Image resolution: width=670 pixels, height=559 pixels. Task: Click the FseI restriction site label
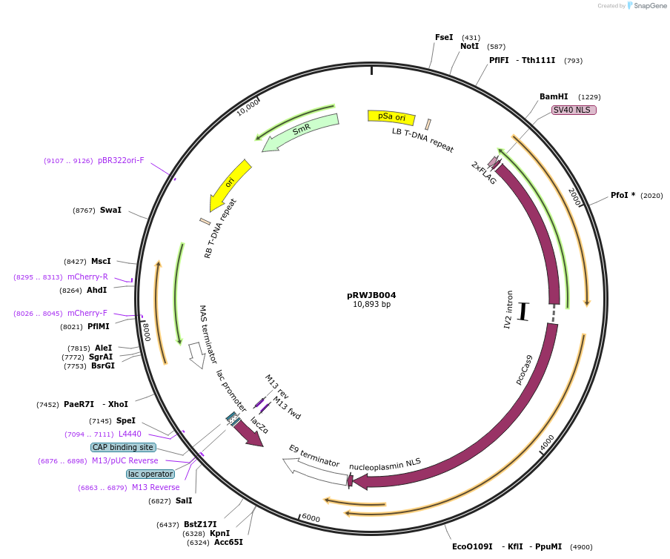[x=444, y=37]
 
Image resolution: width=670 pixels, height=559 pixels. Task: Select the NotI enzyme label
[x=469, y=46]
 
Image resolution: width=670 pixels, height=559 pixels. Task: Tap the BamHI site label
[x=554, y=96]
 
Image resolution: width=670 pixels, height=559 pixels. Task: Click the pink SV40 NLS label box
[x=574, y=110]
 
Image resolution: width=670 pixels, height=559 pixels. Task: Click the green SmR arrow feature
[x=301, y=130]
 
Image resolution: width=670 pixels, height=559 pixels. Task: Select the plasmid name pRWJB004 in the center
[x=371, y=294]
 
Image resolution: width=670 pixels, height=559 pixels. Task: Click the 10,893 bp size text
[x=371, y=304]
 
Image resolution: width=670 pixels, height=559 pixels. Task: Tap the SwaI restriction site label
[x=110, y=211]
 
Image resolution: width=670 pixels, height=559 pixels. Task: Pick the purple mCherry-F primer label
[x=87, y=313]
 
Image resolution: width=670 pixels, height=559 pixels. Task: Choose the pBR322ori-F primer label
[x=121, y=160]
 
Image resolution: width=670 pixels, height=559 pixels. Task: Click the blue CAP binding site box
[x=123, y=447]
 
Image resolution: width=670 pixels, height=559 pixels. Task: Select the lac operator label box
[x=150, y=474]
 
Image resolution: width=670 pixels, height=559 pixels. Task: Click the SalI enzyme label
[x=184, y=501]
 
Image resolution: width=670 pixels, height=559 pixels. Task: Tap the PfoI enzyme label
[x=623, y=196]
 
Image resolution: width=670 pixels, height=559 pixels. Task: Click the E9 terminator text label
[x=314, y=456]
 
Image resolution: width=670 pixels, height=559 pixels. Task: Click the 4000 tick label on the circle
[x=547, y=443]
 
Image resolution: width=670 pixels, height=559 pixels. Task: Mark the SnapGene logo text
[x=650, y=6]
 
